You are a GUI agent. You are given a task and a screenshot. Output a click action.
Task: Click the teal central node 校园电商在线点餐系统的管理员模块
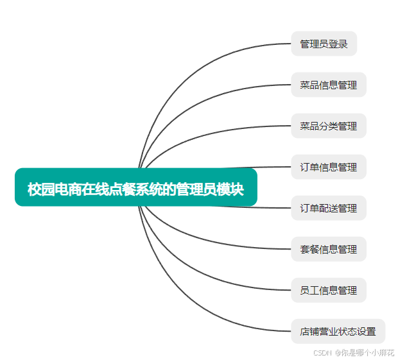tap(135, 187)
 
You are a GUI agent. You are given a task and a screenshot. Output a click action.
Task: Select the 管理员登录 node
tap(324, 44)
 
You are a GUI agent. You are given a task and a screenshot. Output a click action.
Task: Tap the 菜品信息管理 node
tap(328, 85)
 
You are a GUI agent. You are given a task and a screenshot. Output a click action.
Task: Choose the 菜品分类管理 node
tap(328, 126)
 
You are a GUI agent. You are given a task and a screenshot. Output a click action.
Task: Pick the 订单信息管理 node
tap(328, 167)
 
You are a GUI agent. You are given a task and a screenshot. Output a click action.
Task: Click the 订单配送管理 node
tap(328, 208)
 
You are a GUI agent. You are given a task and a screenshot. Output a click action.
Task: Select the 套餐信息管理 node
tap(328, 249)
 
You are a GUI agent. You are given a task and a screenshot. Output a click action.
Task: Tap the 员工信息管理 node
tap(328, 290)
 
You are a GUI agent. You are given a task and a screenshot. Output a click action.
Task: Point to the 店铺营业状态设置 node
tap(338, 331)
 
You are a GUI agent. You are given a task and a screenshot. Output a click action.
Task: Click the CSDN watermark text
tap(322, 352)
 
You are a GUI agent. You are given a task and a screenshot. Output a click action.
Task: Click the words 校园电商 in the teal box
tap(50, 189)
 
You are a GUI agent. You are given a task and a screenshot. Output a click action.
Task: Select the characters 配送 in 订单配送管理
tap(328, 208)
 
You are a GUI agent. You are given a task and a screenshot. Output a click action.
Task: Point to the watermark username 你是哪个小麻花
tap(368, 352)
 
